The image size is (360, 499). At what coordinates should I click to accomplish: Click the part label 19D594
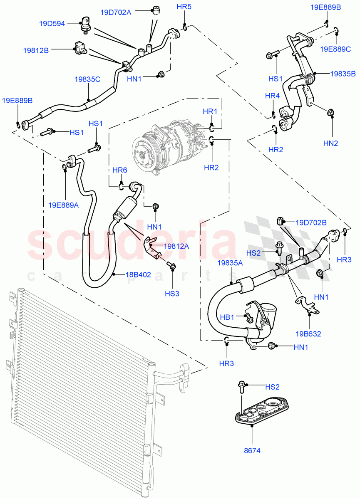pos(52,24)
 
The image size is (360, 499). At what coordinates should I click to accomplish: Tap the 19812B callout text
pos(36,50)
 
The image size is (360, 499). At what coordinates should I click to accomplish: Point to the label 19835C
pos(87,79)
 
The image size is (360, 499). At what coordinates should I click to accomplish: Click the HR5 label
pos(184,7)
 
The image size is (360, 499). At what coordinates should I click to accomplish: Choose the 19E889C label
pos(335,49)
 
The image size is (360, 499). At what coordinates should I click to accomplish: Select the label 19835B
pos(343,74)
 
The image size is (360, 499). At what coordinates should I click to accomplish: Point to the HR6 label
pos(120,170)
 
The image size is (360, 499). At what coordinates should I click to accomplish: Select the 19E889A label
pos(64,204)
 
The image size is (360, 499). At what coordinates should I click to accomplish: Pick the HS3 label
pos(172,294)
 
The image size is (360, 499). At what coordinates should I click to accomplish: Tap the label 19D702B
pos(311,222)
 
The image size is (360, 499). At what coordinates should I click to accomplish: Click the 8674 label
pos(252,450)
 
